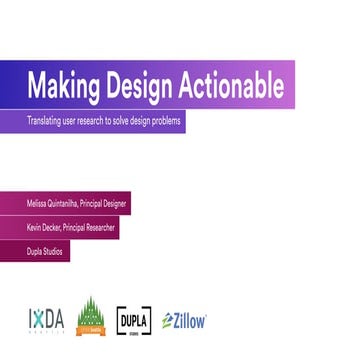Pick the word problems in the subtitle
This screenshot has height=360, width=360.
(x=164, y=121)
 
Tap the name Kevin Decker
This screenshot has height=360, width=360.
(x=43, y=227)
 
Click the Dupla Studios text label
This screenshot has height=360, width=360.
(x=45, y=251)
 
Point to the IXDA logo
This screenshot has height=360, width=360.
(x=46, y=320)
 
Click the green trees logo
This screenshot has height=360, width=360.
(x=91, y=317)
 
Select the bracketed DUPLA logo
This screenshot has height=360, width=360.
(x=135, y=320)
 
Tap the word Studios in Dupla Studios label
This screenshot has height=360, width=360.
(x=53, y=251)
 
